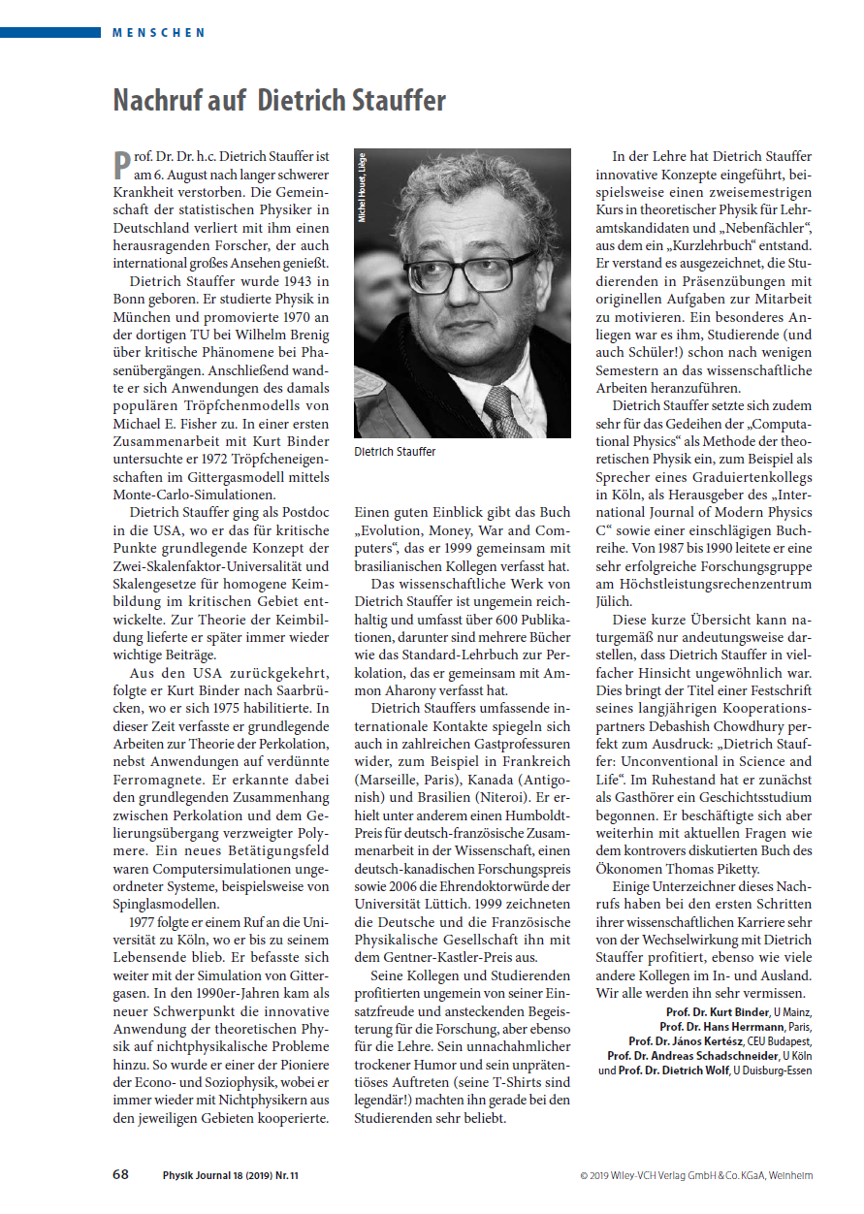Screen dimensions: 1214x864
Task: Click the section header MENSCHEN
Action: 158,32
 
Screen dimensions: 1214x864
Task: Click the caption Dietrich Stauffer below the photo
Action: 395,451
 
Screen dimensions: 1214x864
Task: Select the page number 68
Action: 121,1174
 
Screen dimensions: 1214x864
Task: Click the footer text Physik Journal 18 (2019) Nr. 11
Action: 231,1175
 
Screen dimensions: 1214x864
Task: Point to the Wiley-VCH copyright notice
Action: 696,1175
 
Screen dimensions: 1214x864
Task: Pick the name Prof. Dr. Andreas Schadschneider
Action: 692,1056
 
